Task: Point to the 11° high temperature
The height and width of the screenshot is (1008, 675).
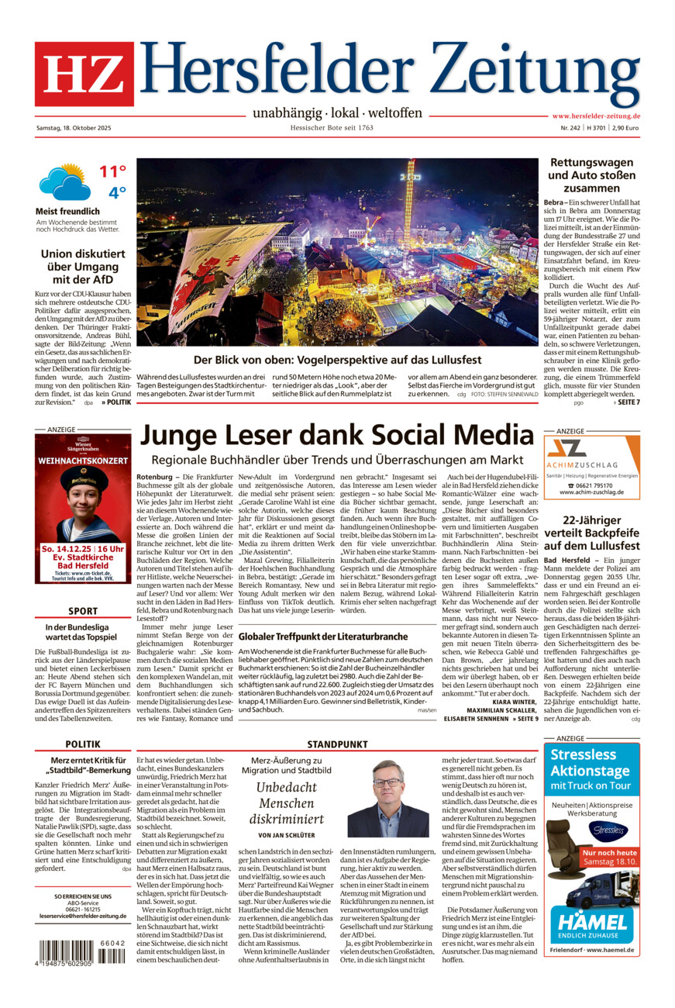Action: [x=112, y=171]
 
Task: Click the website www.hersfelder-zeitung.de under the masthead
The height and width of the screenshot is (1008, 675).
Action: [x=595, y=116]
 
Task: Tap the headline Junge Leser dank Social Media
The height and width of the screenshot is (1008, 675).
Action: [x=336, y=434]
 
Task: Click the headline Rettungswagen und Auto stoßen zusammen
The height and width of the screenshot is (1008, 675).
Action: [x=591, y=175]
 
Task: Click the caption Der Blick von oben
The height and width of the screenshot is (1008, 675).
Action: [x=337, y=360]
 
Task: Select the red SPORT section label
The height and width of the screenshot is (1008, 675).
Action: [x=82, y=611]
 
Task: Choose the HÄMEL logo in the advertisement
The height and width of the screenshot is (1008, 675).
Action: [x=591, y=923]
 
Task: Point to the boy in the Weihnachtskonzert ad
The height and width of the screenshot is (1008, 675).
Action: [x=83, y=504]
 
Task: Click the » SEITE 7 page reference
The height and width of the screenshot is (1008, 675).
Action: [x=625, y=402]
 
